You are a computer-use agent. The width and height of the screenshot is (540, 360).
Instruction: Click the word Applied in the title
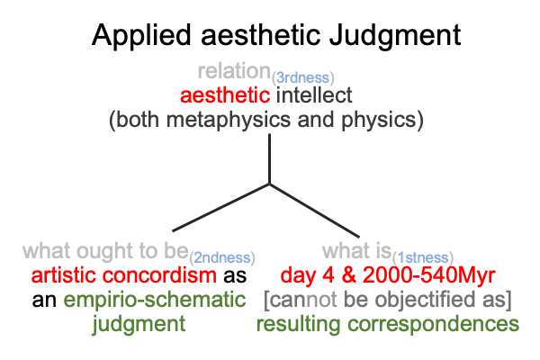click(141, 36)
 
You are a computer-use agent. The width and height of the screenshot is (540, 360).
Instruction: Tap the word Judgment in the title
click(395, 36)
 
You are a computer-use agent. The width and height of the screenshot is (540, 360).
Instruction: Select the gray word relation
click(234, 71)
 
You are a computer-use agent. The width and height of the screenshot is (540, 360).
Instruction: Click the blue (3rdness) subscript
click(303, 78)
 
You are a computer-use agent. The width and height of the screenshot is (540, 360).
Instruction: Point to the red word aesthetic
click(225, 95)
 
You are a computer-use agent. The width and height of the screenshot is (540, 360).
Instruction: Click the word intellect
click(314, 95)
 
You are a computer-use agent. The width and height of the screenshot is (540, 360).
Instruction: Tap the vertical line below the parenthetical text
click(269, 158)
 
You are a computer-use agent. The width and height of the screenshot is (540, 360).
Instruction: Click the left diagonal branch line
click(220, 208)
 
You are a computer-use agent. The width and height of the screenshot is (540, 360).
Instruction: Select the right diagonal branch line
click(314, 211)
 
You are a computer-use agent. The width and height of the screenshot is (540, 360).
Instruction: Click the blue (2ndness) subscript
click(222, 258)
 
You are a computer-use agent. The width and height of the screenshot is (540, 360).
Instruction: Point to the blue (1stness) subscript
click(423, 258)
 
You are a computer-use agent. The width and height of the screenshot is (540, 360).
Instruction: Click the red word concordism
click(159, 275)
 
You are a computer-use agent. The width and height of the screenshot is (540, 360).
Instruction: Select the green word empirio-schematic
click(155, 301)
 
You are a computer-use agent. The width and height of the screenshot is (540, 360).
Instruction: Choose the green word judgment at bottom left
click(139, 325)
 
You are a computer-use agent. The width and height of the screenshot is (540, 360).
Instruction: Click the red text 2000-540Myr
click(429, 275)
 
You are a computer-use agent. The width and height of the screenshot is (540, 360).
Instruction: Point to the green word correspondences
click(433, 325)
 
